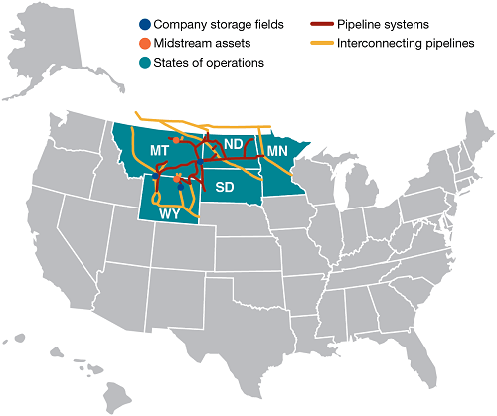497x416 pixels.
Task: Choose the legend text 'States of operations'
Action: coord(210,62)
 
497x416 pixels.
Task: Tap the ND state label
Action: coord(233,145)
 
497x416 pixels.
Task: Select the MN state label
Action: coord(279,150)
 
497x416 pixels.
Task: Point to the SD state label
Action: coord(225,187)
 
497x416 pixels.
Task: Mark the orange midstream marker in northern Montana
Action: coord(175,141)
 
